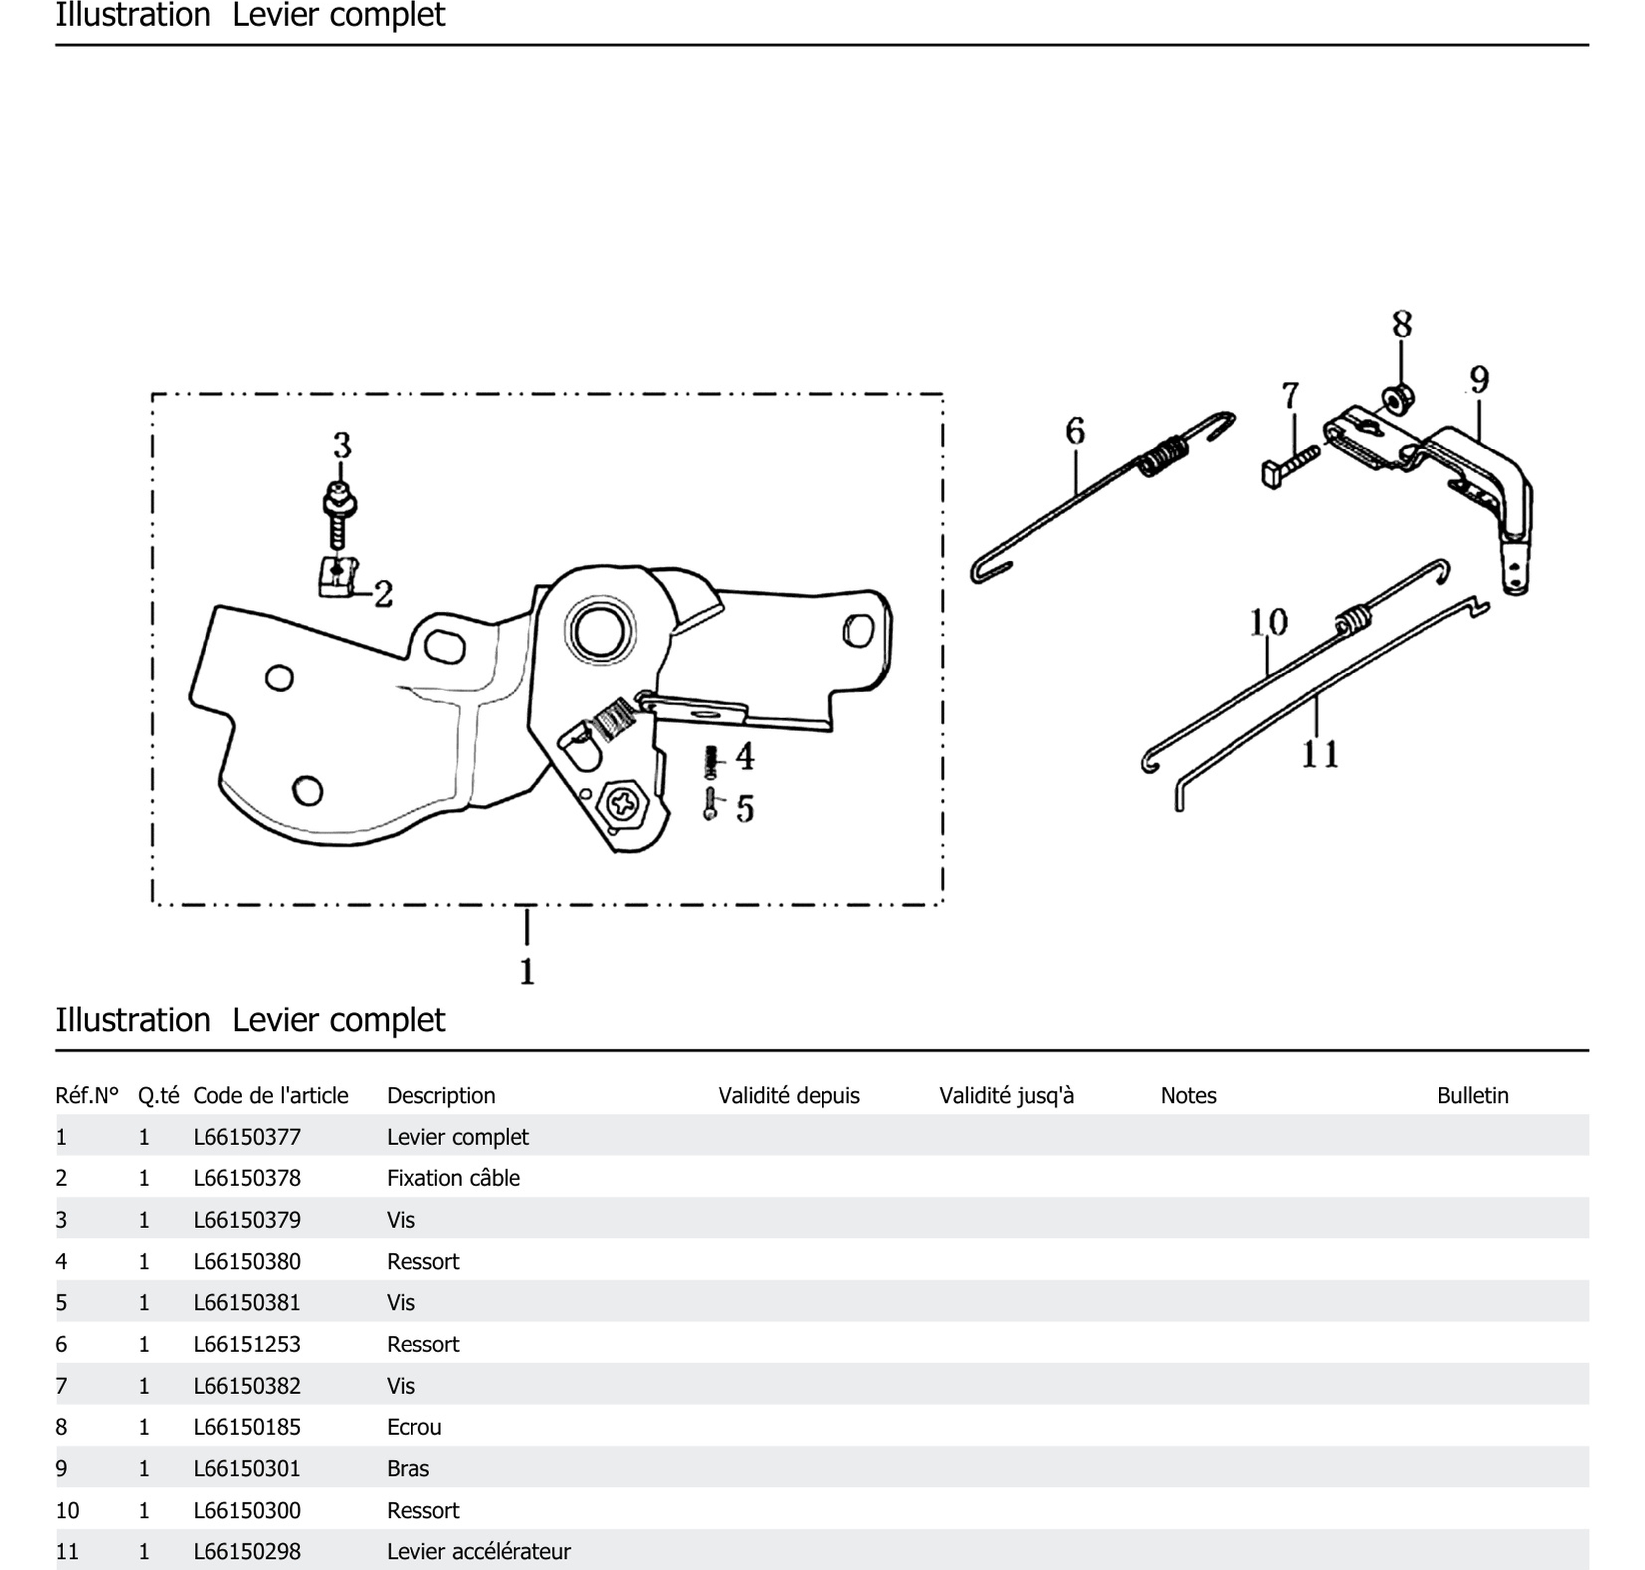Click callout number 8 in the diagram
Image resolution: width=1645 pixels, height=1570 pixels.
point(1402,325)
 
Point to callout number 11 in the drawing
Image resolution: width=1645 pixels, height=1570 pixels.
point(1320,754)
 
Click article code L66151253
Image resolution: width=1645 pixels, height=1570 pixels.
point(247,1344)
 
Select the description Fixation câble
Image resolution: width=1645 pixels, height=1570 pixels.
point(453,1178)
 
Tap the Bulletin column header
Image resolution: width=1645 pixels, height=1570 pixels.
point(1472,1096)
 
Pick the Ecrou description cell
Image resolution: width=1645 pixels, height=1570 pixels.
point(413,1427)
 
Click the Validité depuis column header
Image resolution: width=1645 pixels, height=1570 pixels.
point(788,1096)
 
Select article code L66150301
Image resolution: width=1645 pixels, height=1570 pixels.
point(247,1469)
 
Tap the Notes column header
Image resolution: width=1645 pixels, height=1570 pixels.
point(1187,1096)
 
